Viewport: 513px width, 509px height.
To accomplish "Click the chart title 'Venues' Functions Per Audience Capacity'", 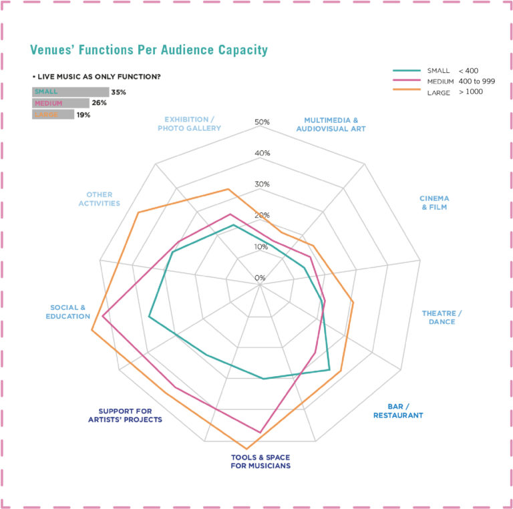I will click(x=149, y=50).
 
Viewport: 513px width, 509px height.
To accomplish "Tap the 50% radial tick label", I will click(x=262, y=122).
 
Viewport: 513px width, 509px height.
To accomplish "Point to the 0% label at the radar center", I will click(x=260, y=278).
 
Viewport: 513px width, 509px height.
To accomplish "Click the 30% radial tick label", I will click(x=262, y=184).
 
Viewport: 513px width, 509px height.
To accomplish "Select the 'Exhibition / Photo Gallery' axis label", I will click(x=189, y=124).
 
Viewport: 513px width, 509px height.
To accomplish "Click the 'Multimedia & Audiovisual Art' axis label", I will click(x=331, y=124).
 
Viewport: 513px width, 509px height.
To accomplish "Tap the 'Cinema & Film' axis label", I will click(x=434, y=202).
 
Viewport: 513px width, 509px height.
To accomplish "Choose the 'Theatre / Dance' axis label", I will click(x=442, y=317).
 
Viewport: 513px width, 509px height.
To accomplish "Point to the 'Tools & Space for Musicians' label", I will click(x=261, y=462).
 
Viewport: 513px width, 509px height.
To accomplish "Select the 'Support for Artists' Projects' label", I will click(x=126, y=415).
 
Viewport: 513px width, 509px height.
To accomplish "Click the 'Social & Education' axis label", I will click(x=68, y=312).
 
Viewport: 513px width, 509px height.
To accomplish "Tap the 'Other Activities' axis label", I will click(x=99, y=199).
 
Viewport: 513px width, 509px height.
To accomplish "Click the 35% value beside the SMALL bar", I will click(x=119, y=92).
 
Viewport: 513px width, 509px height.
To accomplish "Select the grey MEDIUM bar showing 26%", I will click(x=60, y=104).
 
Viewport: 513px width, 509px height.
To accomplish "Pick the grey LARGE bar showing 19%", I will click(x=53, y=115).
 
